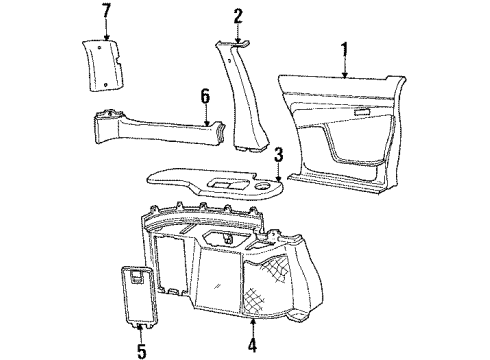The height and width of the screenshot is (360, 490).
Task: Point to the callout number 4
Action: coord(251,349)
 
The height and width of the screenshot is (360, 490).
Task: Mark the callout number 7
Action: coord(107,12)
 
